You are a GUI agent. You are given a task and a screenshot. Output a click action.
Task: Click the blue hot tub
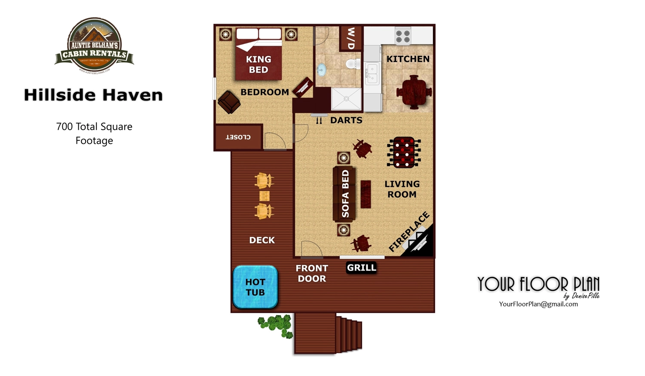255,287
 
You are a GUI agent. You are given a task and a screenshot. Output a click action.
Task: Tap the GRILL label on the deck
362,268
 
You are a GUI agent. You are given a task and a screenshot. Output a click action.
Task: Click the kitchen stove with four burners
403,36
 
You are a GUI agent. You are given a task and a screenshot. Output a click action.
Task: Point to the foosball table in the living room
403,153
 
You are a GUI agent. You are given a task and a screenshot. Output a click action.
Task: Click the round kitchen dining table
414,92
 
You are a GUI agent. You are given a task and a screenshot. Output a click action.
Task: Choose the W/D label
351,38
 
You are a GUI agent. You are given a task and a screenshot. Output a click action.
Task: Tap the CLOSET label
238,137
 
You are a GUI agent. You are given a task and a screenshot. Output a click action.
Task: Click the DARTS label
346,120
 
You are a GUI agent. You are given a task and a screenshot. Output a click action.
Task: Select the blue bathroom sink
321,70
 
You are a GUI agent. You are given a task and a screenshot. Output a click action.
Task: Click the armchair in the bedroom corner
229,102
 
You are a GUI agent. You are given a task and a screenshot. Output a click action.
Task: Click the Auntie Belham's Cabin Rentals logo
94,46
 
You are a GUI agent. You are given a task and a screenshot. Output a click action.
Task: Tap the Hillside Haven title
93,95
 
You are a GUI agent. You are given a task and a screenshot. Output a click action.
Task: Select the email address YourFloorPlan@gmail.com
538,304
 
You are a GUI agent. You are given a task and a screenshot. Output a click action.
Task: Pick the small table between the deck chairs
264,196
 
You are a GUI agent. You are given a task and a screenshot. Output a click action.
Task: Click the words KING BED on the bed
258,64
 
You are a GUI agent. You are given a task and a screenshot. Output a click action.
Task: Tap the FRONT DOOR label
312,273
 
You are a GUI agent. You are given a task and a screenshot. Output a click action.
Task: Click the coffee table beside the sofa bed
365,194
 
